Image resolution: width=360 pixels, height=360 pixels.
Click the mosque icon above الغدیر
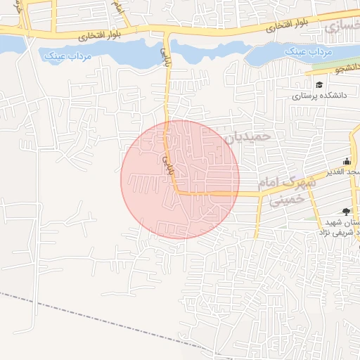pos(346,161)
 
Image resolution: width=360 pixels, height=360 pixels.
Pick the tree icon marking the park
pos(346,211)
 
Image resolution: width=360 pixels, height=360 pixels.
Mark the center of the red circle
pos(180,179)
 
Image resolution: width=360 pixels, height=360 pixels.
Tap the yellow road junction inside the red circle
pos(176,191)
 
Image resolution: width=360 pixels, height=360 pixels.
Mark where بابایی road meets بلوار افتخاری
pos(167,32)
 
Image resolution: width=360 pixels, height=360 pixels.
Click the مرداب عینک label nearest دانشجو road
pos(304,53)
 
